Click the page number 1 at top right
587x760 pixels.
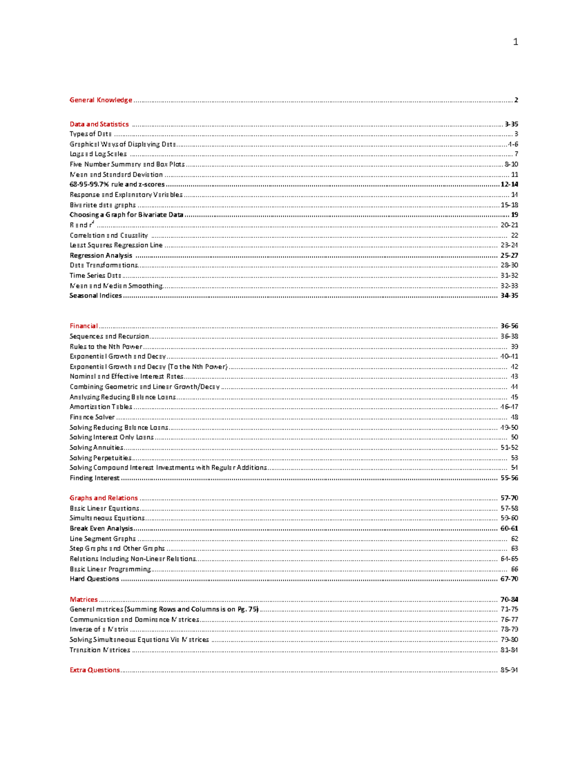515,42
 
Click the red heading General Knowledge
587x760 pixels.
101,100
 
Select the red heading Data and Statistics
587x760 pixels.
99,124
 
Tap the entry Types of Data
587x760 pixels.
90,134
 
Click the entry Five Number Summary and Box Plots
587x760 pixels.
127,164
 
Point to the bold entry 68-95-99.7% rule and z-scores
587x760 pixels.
117,184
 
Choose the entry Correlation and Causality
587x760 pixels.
109,235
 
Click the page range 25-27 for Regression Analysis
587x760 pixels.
509,255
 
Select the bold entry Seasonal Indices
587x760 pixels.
95,296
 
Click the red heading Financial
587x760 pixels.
84,326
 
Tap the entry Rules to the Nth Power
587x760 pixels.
106,346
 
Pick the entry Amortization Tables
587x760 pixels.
101,407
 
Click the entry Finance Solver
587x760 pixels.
92,417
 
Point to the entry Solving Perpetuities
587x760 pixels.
100,458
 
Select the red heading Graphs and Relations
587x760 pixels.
104,498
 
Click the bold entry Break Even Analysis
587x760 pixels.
101,529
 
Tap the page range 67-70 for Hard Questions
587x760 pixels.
509,579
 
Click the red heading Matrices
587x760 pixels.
84,599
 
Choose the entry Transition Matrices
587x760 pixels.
100,650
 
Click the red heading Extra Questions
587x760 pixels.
94,670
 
